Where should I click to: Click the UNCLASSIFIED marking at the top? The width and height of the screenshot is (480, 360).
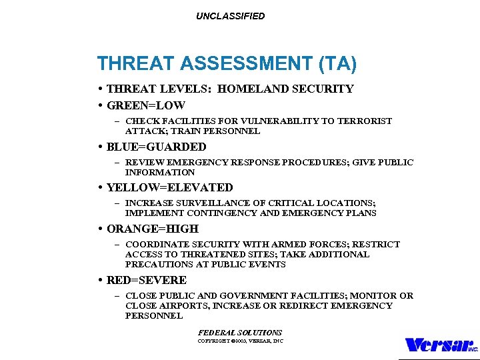coord(230,16)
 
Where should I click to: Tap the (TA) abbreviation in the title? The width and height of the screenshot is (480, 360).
coord(338,64)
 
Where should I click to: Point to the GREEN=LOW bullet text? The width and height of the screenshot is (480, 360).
coord(145,105)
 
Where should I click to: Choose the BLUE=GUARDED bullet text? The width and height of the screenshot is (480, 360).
coord(156,147)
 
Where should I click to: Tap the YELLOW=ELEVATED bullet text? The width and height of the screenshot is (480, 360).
coord(169,188)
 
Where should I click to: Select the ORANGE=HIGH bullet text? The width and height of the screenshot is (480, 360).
coord(152,229)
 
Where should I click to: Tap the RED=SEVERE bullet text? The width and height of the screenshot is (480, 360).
coord(146,280)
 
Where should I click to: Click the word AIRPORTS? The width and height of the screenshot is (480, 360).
coord(179,306)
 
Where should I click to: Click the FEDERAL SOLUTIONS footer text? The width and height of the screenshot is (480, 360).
coord(240,332)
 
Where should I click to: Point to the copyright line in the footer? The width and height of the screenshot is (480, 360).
coord(240,341)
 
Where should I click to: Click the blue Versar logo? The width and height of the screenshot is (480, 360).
coord(441,345)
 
